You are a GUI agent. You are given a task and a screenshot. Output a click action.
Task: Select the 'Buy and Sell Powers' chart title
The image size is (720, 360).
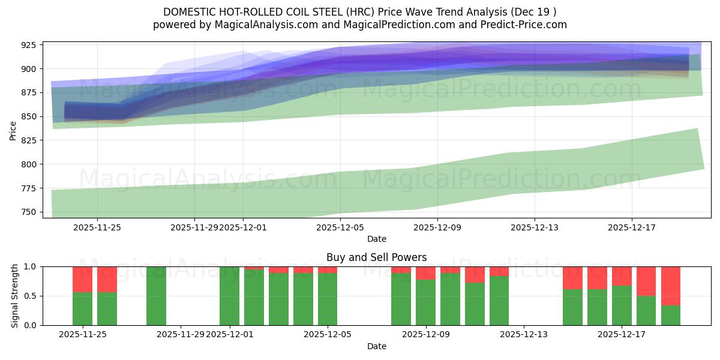click(x=376, y=257)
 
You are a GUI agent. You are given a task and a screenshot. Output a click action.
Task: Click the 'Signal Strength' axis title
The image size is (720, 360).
click(x=15, y=296)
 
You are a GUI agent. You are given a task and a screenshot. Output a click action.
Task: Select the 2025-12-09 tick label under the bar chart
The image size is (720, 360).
click(x=425, y=334)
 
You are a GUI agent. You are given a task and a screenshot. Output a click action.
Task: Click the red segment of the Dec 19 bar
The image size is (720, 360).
click(x=670, y=286)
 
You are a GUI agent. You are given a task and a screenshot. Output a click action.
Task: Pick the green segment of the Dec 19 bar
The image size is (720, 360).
click(x=670, y=316)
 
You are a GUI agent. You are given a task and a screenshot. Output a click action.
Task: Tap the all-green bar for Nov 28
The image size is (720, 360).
click(x=156, y=296)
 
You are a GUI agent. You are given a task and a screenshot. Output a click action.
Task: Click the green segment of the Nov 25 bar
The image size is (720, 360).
click(x=82, y=309)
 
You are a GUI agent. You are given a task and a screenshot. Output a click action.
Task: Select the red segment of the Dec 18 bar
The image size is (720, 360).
click(x=646, y=281)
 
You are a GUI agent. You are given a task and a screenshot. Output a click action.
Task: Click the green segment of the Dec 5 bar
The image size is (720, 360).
click(x=328, y=299)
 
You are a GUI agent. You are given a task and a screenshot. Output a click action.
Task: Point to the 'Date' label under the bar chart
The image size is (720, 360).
click(x=376, y=346)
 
